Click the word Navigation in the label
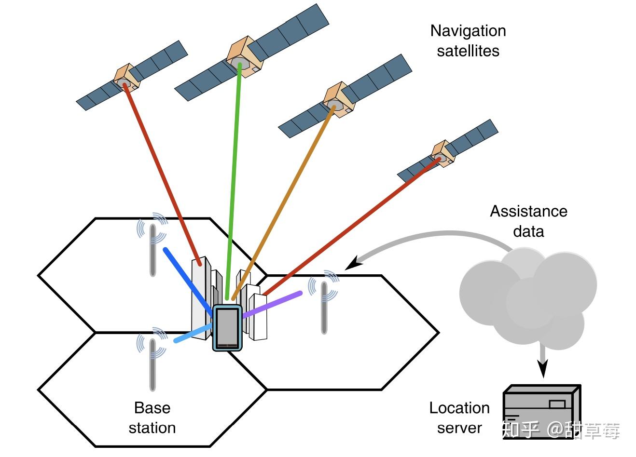[x=468, y=31]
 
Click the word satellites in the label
[x=468, y=51]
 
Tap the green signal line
[x=234, y=183]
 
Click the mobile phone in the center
[x=227, y=328]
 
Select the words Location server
[x=459, y=418]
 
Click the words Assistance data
[x=528, y=221]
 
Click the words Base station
[x=152, y=418]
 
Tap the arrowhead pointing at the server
[x=543, y=370]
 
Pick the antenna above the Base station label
[x=152, y=364]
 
